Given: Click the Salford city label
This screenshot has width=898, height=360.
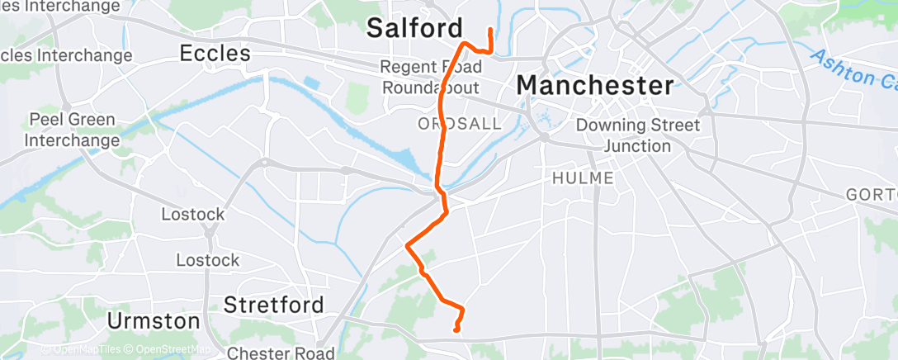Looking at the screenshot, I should point(414,28).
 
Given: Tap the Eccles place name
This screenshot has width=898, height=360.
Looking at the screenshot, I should point(215,54).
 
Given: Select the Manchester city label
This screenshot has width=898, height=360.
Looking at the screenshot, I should point(594,85).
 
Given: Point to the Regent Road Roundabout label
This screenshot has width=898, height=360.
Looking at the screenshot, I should point(430,77).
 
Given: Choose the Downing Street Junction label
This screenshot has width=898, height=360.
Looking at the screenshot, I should point(637,136).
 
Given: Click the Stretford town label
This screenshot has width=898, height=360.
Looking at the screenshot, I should point(273,305).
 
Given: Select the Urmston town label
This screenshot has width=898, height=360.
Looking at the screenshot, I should point(154,320).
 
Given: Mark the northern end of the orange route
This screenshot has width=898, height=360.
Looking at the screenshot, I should point(491,31).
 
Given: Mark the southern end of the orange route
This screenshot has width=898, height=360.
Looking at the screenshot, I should point(456,331).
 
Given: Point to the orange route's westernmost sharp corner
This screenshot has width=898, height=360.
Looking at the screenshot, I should point(406,244).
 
